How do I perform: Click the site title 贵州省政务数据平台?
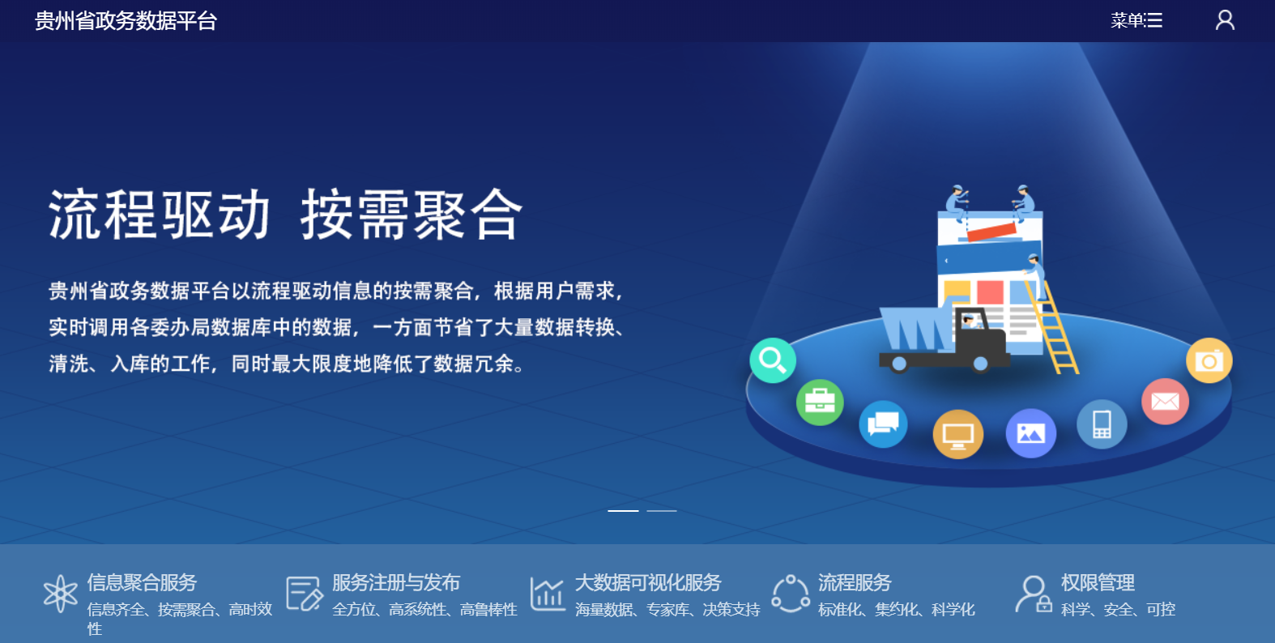pyautogui.click(x=126, y=21)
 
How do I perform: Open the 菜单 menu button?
pyautogui.click(x=1136, y=20)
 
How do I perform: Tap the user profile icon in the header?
pyautogui.click(x=1225, y=20)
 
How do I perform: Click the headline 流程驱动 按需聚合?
pyautogui.click(x=285, y=215)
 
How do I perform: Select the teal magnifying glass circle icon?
pyautogui.click(x=773, y=360)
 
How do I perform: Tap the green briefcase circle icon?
pyautogui.click(x=820, y=402)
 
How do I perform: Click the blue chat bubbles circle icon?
pyautogui.click(x=883, y=424)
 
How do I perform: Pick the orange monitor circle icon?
pyautogui.click(x=958, y=434)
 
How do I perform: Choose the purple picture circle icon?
pyautogui.click(x=1031, y=433)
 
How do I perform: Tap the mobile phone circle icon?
pyautogui.click(x=1102, y=424)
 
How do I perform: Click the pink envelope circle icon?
pyautogui.click(x=1165, y=401)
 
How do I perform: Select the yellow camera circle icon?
pyautogui.click(x=1209, y=360)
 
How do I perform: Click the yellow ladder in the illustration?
pyautogui.click(x=1053, y=327)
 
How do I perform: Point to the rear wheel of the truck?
pyautogui.click(x=899, y=364)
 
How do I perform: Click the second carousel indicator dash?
pyautogui.click(x=662, y=511)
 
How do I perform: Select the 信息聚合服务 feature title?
pyautogui.click(x=142, y=583)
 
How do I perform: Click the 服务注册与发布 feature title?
pyautogui.click(x=396, y=583)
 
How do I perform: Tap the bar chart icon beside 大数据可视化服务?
pyautogui.click(x=547, y=594)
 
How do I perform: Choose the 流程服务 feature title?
pyautogui.click(x=855, y=583)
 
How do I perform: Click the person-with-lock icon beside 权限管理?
pyautogui.click(x=1034, y=594)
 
